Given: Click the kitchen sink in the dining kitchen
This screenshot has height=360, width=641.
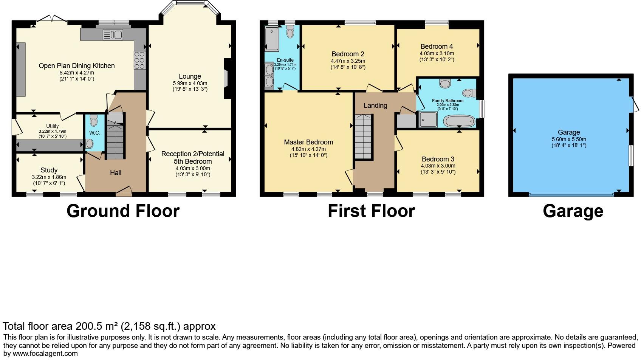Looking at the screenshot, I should [x=113, y=34].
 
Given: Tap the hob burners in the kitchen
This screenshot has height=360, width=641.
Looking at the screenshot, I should [x=139, y=60].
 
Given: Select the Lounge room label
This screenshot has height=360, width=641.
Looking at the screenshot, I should [x=190, y=76].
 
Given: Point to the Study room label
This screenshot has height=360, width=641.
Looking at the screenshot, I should [x=49, y=170].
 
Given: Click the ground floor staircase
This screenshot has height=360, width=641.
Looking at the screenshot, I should [x=115, y=140].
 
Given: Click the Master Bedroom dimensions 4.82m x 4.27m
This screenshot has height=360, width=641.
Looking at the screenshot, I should [x=308, y=149].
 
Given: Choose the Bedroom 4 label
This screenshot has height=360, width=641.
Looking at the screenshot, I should [x=437, y=47].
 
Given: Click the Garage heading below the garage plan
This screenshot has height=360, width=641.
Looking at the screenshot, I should [x=573, y=211].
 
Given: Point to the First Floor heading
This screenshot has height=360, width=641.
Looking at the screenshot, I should [x=371, y=211].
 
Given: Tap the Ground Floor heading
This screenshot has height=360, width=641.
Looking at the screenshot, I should [x=123, y=211].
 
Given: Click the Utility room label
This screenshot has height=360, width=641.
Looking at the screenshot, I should [x=53, y=126].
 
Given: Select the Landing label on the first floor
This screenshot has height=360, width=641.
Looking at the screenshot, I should [x=375, y=106].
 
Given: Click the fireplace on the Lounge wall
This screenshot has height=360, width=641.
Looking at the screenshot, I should [x=226, y=79].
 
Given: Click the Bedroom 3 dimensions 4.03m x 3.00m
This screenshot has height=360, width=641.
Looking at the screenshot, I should [x=438, y=166].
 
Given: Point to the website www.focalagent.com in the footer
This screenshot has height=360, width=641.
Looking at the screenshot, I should [x=45, y=354].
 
